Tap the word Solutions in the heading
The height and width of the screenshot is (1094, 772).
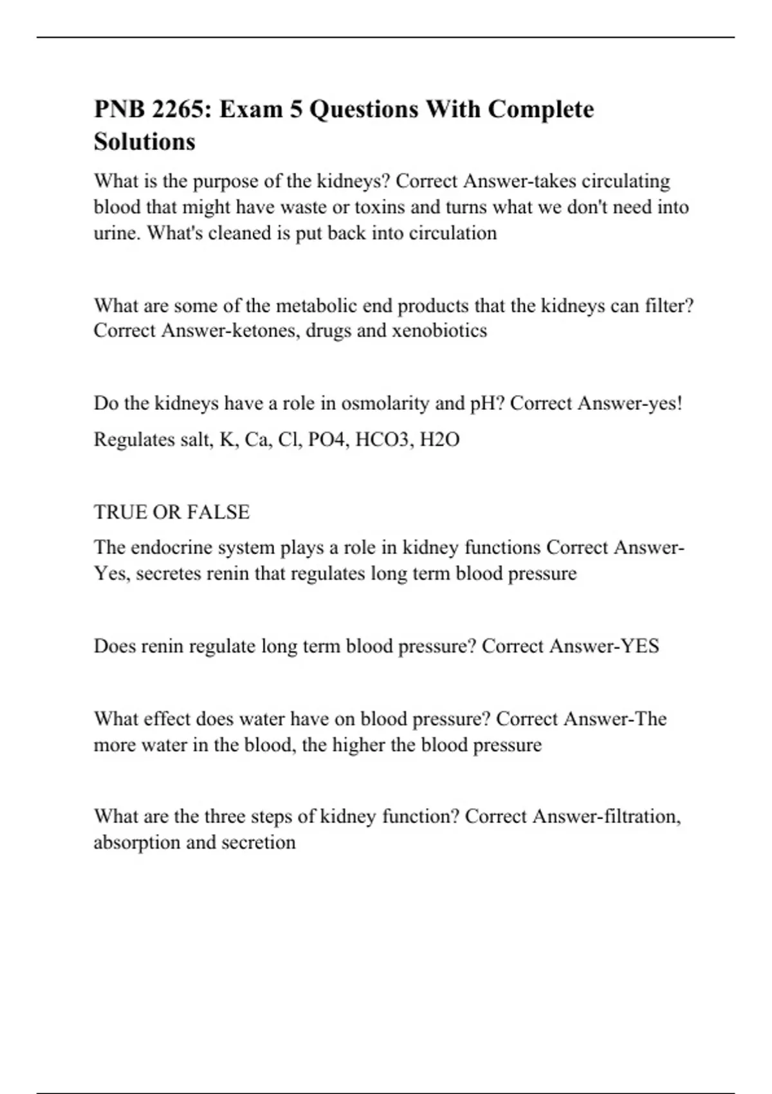tap(144, 142)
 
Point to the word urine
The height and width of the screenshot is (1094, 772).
tap(116, 233)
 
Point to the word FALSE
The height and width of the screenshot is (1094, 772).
tap(218, 512)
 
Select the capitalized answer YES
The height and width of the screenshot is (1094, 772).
tap(639, 646)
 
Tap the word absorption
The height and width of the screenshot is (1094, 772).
tap(136, 843)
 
